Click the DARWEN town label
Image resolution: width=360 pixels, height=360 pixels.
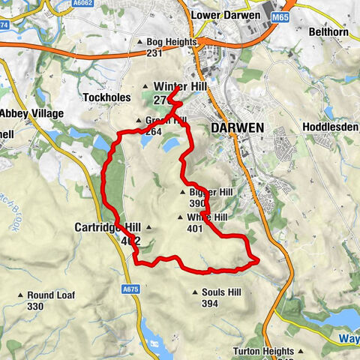coord(238,128)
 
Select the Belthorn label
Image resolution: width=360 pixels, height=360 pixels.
coord(331,32)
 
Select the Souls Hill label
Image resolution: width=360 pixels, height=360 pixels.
coord(220,292)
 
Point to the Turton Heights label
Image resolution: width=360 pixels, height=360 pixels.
coord(274,351)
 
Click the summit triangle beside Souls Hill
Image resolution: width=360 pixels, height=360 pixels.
coord(195,292)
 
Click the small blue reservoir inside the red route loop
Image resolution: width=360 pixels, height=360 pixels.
coord(170,142)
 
